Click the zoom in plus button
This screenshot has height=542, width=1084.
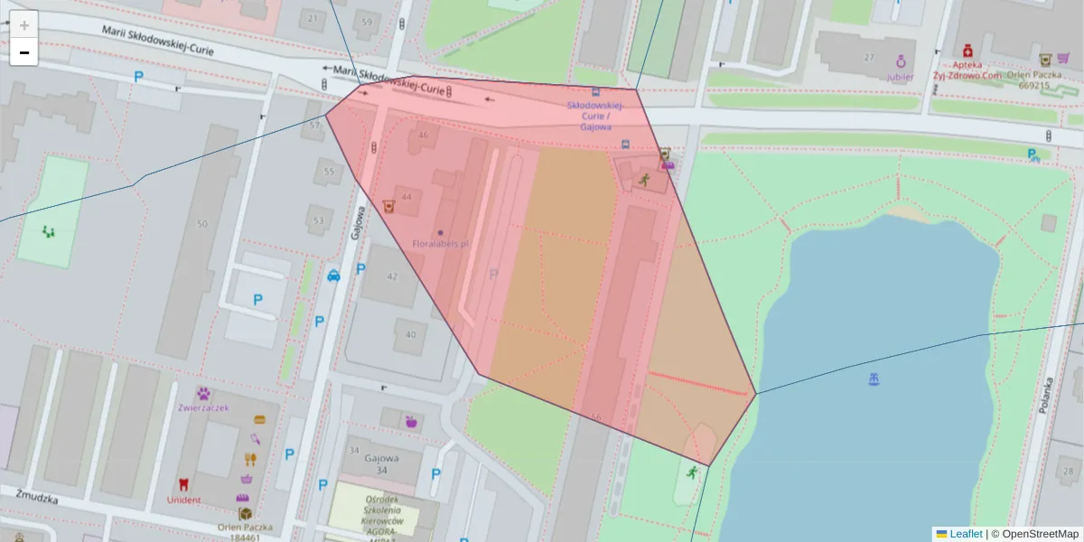coord(24,24)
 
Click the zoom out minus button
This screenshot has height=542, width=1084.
coord(24,52)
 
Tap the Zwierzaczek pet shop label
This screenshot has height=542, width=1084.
coord(204,407)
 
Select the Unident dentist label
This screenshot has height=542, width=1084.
coord(184,500)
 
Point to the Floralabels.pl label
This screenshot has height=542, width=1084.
coord(441,244)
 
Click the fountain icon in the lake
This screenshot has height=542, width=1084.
coord(874,379)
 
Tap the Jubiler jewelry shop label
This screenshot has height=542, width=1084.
coord(900,77)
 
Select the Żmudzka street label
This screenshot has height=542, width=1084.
coord(37,497)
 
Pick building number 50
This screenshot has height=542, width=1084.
coord(201,224)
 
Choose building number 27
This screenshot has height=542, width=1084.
coord(869,57)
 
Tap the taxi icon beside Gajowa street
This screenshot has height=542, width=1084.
coord(333,276)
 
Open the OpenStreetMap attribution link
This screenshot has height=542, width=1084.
coord(1040,534)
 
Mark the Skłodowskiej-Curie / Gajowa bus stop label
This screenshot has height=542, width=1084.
coord(594,116)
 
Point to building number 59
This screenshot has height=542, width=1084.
coord(366,22)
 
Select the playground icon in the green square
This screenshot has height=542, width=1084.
coord(49,231)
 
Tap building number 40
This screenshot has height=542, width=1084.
coord(411,335)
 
